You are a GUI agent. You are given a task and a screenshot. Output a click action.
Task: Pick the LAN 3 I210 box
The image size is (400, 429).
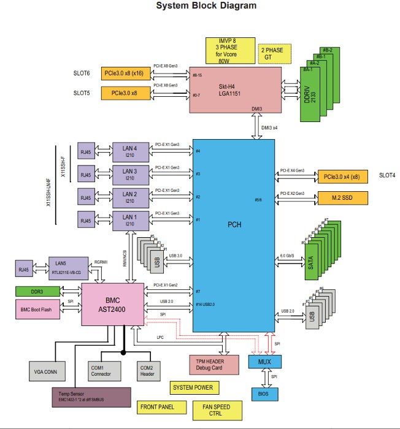point(129,173)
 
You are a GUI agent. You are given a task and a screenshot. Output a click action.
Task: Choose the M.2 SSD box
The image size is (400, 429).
point(341,198)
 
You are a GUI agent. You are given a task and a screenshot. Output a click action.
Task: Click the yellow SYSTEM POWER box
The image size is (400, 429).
point(193,387)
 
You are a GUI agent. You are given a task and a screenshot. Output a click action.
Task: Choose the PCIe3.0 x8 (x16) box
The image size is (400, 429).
point(128,74)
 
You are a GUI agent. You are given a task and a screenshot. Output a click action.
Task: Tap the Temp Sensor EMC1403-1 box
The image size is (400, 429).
point(92,397)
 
